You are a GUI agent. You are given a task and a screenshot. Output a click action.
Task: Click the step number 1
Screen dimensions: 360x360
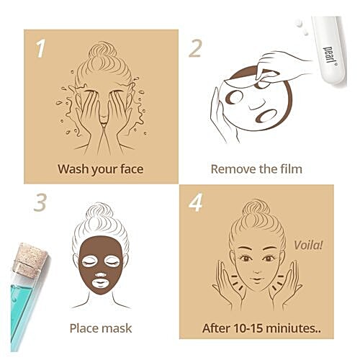point(40,49)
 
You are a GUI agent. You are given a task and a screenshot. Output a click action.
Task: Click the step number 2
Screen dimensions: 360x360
point(195,49)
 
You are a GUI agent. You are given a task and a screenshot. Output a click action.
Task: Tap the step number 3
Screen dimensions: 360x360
point(40,202)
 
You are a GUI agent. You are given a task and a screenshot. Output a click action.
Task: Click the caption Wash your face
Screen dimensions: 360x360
point(101,170)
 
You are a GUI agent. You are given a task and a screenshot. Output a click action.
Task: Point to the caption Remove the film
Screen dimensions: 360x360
point(256,170)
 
